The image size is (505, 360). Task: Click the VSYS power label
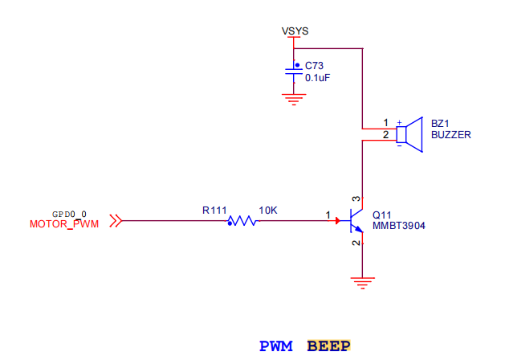[x=295, y=31]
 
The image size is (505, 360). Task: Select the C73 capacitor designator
[x=314, y=66]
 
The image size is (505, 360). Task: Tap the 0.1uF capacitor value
[x=317, y=79]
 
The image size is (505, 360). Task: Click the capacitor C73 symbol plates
[x=295, y=72]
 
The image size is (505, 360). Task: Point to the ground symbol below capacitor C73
[x=295, y=100]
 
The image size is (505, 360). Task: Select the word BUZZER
[x=450, y=135]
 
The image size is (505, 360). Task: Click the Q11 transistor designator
[x=381, y=215]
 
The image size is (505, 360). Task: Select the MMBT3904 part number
[x=398, y=227]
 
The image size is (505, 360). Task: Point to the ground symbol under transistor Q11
[x=364, y=282]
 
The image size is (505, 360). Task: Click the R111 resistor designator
[x=214, y=210]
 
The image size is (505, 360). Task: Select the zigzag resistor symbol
[x=242, y=219]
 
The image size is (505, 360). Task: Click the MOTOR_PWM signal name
[x=64, y=223]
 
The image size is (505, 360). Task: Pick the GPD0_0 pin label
[x=69, y=214]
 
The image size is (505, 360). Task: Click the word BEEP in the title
[x=328, y=346]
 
